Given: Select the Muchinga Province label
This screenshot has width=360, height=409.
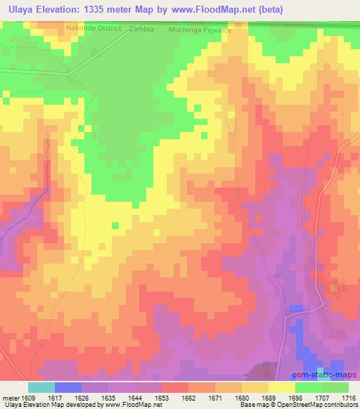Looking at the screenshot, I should [200, 31].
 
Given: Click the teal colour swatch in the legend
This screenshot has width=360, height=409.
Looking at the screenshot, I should [41, 387].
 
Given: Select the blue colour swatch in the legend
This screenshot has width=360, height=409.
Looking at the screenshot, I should [67, 387].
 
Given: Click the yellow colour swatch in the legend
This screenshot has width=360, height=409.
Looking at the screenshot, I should [281, 387].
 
